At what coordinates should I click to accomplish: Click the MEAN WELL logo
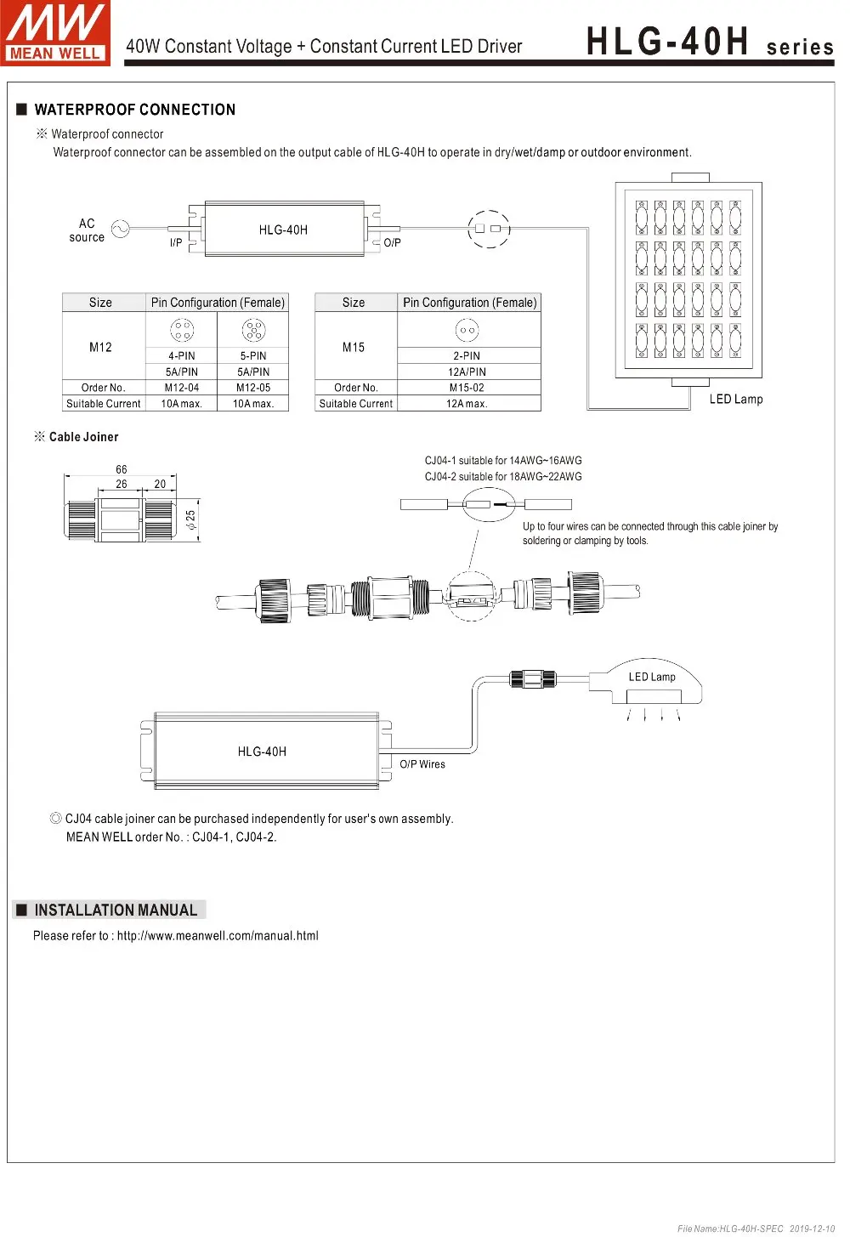pos(55,33)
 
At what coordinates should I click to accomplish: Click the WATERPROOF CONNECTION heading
pos(134,110)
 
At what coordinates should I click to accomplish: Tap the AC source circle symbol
pos(121,230)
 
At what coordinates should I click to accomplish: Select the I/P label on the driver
pos(176,243)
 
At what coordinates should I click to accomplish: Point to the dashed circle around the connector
pos(489,229)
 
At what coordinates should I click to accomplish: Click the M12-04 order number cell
pos(182,388)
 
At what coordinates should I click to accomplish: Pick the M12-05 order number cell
pos(253,388)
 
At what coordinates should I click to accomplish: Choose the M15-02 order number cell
pos(467,388)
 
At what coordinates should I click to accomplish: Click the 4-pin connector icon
pos(182,330)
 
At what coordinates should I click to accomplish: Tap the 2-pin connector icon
pos(467,330)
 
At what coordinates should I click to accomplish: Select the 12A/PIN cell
pos(467,372)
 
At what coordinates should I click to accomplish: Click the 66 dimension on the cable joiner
pos(122,469)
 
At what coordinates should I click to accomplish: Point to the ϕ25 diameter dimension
pos(191,519)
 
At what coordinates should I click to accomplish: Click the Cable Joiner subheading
pos(83,437)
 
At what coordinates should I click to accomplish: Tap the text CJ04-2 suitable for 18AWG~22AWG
pos(503,477)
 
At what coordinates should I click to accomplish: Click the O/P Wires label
pos(422,764)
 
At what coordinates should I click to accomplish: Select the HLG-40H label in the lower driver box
pos(262,752)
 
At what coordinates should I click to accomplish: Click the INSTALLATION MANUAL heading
pos(116,911)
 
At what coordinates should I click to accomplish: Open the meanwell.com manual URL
pos(218,936)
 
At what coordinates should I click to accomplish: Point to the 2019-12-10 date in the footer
pos(812,1228)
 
